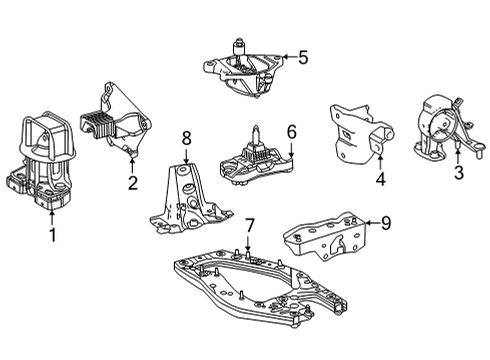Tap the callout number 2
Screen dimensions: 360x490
tap(133, 182)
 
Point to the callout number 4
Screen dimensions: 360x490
tap(380, 181)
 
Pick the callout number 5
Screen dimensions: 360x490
tap(301, 58)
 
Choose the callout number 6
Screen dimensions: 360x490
tap(291, 131)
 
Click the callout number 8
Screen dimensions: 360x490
tap(185, 137)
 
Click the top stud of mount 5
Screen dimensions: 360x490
tap(240, 44)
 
